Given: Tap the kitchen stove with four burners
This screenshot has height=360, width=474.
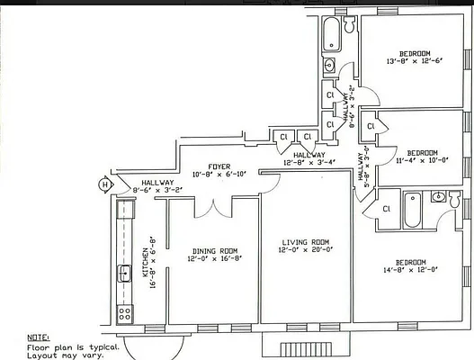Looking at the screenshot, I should (125, 315).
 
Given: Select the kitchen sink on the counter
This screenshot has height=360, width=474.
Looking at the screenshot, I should (122, 274).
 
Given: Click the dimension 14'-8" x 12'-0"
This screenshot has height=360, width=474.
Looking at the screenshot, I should (409, 269).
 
